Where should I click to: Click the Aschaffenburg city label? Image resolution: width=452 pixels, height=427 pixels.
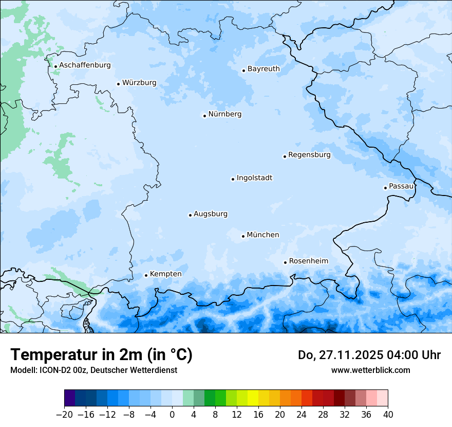pos(85,65)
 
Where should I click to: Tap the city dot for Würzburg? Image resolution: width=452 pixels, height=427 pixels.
pos(118,84)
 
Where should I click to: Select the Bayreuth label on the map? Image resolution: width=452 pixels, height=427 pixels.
pos(263,69)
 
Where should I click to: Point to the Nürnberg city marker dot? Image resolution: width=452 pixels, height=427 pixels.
pos(204,116)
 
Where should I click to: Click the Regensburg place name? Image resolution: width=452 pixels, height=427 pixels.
pos(309,155)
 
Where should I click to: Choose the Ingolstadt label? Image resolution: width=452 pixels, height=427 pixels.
pos(254,178)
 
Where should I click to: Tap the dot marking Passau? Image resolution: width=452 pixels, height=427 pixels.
pos(385,188)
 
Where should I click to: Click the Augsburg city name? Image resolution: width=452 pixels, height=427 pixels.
pos(210,214)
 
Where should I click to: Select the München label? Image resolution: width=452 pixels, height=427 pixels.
pos(263,235)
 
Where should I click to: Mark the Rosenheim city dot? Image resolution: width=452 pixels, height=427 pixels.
pos(285,262)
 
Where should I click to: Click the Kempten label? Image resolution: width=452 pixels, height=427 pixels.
pos(165,274)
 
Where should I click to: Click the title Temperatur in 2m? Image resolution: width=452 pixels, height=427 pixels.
pos(101,355)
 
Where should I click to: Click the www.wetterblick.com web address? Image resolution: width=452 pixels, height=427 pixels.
pos(370,370)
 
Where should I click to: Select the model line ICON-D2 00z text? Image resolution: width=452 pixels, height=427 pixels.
pos(93,370)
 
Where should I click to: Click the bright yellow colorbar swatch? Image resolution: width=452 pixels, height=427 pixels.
pos(253,398)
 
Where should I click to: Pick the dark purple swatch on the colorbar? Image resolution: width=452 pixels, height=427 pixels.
pos(70,398)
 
